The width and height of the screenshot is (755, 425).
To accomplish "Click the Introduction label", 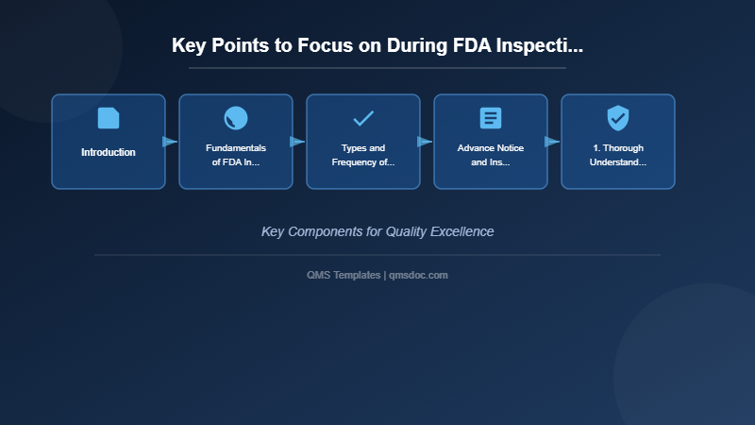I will pos(109,152).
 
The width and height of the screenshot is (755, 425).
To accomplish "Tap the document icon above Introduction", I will pos(109,118).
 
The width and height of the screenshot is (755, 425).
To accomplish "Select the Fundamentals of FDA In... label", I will pos(236,155).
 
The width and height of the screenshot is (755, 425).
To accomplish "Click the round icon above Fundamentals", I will pos(236,118).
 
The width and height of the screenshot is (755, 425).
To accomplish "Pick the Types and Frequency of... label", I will pos(363,155).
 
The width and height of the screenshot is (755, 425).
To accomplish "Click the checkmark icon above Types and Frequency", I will pos(363,118).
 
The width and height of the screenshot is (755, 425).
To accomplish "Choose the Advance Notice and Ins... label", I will pos(491,155).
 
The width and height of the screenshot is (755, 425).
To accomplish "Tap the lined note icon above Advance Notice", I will pos(491,118).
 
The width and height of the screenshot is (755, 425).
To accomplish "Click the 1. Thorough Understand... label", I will pos(618,155).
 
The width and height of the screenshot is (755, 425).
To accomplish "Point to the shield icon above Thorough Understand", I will pos(618,118).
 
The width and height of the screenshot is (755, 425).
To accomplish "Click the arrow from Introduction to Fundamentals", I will pos(170,142).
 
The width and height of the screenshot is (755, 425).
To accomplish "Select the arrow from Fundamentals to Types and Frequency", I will pos(297,142).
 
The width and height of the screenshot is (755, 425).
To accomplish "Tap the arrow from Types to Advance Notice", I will pos(425,142).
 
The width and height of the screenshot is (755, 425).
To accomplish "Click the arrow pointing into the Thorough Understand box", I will pos(552,142).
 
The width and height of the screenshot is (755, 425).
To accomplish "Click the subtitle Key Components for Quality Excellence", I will pos(377,231).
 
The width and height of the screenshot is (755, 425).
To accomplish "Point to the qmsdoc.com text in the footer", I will pos(418,275).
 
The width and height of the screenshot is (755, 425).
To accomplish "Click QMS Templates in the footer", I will pos(344,275).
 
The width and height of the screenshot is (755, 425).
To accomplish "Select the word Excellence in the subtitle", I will pos(462,231).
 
